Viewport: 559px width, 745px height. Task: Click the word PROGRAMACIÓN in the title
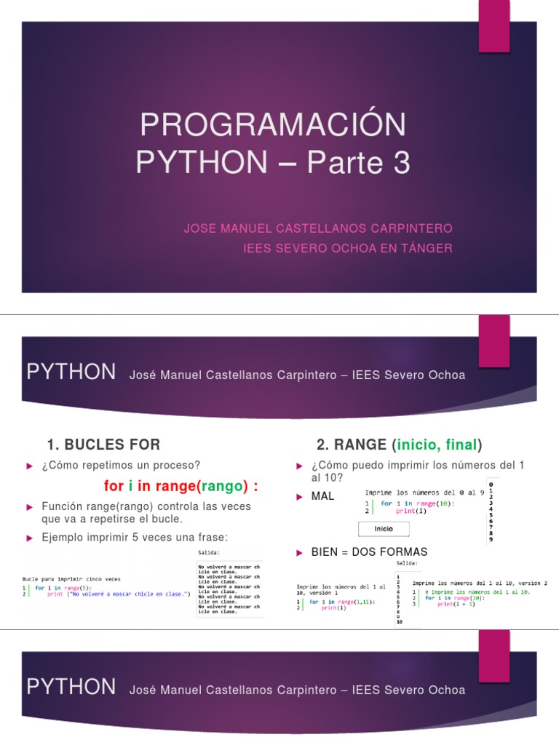coord(273,125)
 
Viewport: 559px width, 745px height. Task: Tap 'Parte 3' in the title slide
coord(359,163)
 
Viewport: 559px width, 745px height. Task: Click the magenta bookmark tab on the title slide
coord(493,26)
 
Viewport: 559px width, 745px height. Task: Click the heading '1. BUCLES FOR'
coord(103,444)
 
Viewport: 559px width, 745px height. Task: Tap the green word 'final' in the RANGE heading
coord(461,444)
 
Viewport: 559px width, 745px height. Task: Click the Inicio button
coord(384,528)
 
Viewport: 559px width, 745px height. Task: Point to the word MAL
coord(322,496)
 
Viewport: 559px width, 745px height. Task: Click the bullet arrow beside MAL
coord(298,496)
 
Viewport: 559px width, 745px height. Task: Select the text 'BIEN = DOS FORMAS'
coord(369,551)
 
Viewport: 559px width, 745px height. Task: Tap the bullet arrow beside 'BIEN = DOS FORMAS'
coord(298,552)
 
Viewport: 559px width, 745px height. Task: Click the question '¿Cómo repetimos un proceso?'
coord(121,465)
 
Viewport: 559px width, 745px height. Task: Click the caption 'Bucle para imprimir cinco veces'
coord(71,579)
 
